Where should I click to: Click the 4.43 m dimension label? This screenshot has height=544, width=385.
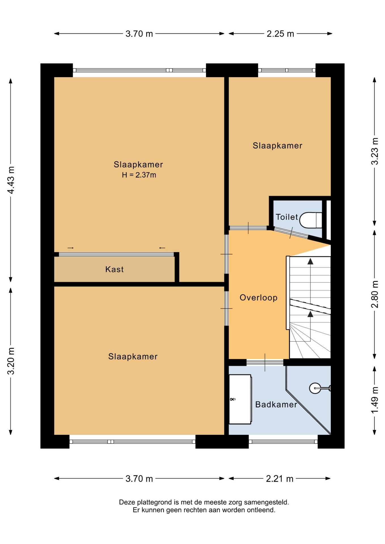(11, 180)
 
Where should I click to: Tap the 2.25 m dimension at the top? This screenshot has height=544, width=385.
(280, 34)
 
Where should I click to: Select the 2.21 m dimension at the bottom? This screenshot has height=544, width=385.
(279, 479)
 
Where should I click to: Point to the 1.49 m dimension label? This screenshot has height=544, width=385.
(375, 400)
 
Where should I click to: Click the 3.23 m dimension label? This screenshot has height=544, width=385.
(375, 151)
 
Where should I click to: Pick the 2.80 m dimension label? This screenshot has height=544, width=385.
(375, 294)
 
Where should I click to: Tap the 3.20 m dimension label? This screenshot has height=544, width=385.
(11, 361)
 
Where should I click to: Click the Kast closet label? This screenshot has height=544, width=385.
(115, 269)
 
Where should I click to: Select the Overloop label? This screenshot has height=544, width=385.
(259, 297)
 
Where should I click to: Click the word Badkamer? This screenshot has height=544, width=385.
(276, 404)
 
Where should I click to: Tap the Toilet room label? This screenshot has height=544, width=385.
(287, 217)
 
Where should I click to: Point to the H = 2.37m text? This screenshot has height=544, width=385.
(139, 175)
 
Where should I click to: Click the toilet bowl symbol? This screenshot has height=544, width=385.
(311, 220)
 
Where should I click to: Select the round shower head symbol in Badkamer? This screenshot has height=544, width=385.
(315, 388)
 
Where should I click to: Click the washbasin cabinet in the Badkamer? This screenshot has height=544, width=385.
(240, 399)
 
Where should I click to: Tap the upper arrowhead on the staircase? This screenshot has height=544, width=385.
(310, 261)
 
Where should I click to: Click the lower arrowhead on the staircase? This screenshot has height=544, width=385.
(310, 314)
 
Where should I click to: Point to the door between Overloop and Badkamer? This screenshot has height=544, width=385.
(265, 362)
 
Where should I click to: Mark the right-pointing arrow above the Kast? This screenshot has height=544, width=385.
(71, 248)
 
